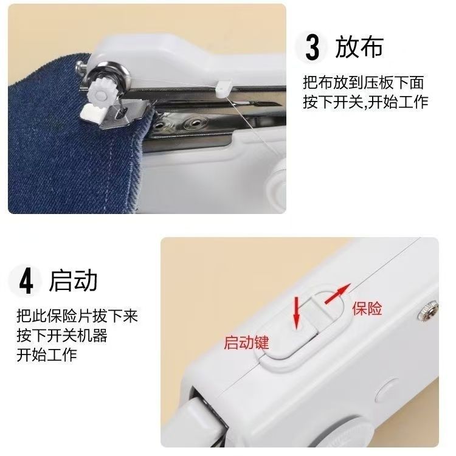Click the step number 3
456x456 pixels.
click(x=313, y=47)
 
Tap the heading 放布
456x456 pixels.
click(x=359, y=47)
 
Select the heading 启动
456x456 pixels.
click(x=73, y=280)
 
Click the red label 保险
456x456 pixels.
click(x=367, y=308)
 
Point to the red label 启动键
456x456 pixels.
click(x=246, y=342)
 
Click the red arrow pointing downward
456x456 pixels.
click(x=296, y=313)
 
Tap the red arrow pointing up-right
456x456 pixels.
click(x=337, y=294)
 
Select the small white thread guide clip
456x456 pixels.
click(x=223, y=88)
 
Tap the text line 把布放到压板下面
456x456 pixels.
click(x=363, y=82)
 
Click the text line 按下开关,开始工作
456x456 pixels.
click(x=365, y=102)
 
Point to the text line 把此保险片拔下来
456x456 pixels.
click(x=77, y=316)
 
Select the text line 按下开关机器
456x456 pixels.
click(x=62, y=335)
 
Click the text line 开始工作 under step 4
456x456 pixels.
click(x=47, y=355)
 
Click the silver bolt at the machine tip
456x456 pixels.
click(x=80, y=68)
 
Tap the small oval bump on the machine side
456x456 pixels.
click(x=387, y=390)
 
